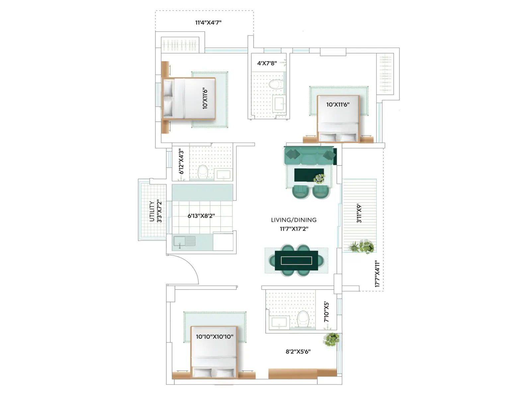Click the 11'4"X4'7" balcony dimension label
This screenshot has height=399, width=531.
208,23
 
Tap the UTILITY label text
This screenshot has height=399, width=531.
152,211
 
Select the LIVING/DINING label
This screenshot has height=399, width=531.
294,220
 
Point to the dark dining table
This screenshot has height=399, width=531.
296,260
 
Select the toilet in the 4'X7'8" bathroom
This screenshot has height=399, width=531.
276,84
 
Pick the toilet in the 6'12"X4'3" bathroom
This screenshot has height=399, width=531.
203,172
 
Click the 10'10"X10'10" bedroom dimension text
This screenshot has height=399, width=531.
214,337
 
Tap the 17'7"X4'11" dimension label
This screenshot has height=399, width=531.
377,274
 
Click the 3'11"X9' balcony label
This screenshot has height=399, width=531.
359,213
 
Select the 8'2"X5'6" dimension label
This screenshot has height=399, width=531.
298,351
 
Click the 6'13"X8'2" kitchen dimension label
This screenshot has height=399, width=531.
201,216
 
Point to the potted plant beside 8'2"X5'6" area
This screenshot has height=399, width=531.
331,339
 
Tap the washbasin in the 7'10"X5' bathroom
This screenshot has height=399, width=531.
279,322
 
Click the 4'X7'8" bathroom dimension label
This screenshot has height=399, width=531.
267,63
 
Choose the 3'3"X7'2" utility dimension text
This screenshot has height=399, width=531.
159,211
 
